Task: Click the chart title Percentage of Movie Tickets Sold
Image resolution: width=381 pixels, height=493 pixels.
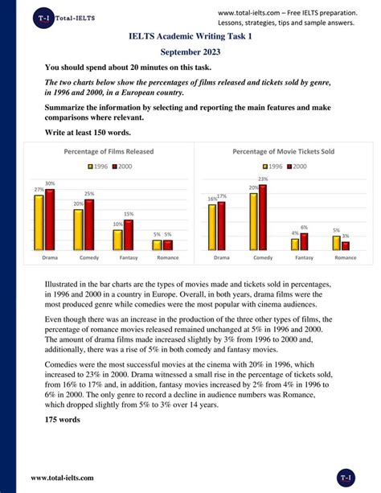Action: coord(284,151)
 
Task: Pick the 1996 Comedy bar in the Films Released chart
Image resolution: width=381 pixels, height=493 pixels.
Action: coord(78,230)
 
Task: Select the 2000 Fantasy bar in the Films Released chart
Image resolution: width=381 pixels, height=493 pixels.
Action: coord(129,235)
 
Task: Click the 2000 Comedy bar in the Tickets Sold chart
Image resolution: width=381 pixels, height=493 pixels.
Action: coord(262,217)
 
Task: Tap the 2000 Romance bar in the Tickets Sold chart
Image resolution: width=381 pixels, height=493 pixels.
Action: coord(346,245)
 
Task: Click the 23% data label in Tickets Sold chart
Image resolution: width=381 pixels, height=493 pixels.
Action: coord(263,179)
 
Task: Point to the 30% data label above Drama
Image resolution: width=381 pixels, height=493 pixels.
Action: coord(50,184)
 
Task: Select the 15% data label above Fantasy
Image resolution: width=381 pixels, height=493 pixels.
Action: coord(129,215)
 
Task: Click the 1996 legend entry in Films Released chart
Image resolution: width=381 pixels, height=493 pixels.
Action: coord(97,166)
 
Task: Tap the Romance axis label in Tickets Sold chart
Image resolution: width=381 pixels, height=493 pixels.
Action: coord(345,257)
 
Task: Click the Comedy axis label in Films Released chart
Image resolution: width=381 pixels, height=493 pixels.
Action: coord(89,257)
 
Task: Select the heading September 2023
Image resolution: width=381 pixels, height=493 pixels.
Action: coord(190,51)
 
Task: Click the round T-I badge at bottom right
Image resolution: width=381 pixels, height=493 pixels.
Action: coord(346,476)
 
